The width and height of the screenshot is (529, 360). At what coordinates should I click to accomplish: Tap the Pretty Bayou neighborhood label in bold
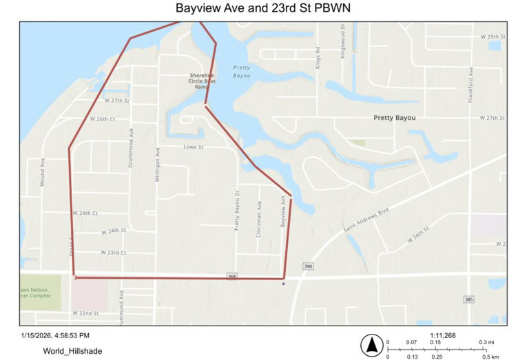394,118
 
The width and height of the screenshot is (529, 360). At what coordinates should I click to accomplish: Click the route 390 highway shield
307,266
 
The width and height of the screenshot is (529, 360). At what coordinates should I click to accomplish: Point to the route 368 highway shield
232,276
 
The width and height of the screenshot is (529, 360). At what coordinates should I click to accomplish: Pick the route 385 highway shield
468,299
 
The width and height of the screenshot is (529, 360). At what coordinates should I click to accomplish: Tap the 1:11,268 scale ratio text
441,335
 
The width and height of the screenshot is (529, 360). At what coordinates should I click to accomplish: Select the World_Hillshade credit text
72,351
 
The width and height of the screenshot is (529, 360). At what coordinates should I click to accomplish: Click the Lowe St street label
194,147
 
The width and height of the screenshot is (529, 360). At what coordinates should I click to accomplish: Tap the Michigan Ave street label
157,164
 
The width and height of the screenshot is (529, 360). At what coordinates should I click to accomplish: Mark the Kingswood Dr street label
342,43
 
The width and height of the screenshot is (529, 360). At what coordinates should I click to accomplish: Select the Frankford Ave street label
471,85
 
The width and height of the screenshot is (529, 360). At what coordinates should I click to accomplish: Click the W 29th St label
492,36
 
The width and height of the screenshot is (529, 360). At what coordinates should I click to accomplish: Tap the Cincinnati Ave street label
259,219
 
